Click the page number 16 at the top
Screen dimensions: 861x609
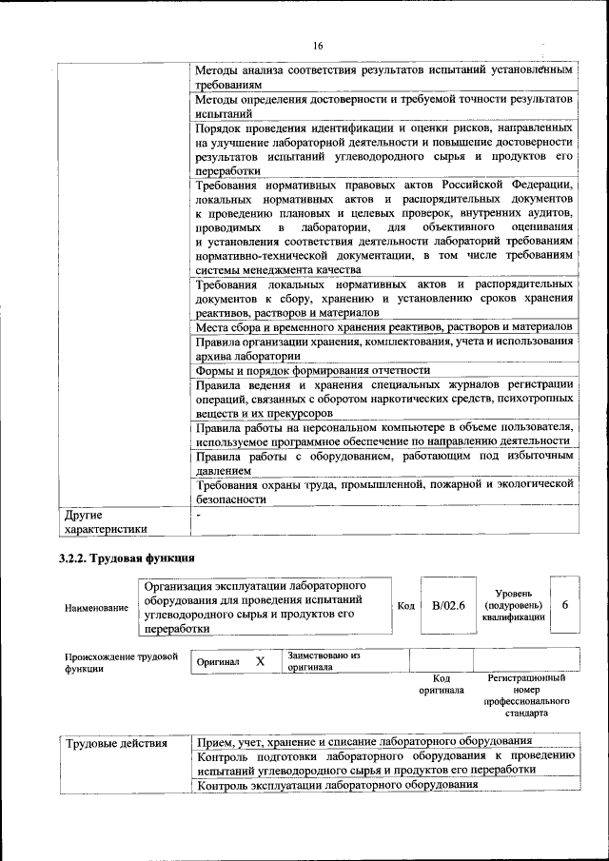pyautogui.click(x=317, y=46)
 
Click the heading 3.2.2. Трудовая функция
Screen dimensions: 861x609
pyautogui.click(x=128, y=558)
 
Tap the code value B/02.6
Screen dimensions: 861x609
pyautogui.click(x=447, y=607)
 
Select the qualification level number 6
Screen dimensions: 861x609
pyautogui.click(x=565, y=606)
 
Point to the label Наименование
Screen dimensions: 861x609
pyautogui.click(x=96, y=607)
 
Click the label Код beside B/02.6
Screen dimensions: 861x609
pyautogui.click(x=405, y=607)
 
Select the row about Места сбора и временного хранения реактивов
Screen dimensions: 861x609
pyautogui.click(x=383, y=327)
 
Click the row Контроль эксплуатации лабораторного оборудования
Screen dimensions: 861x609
pyautogui.click(x=336, y=785)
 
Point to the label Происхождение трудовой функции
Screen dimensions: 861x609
pyautogui.click(x=121, y=662)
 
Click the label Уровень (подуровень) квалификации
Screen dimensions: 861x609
pyautogui.click(x=513, y=605)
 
